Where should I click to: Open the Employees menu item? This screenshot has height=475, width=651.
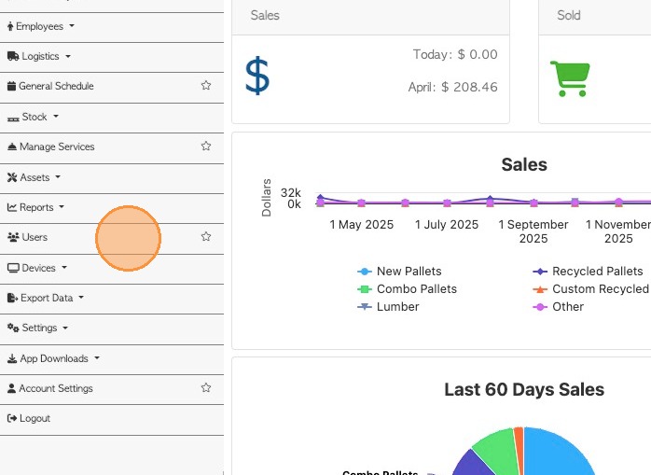coord(40,26)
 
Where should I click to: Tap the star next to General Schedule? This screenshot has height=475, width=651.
coord(206,86)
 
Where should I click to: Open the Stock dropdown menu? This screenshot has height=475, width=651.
coord(35,117)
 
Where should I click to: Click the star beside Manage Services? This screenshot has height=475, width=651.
coord(206,147)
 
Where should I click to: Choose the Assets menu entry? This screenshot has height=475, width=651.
coord(35,177)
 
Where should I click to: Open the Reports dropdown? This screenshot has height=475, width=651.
coord(37,207)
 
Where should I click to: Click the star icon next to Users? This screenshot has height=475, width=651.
coord(206,237)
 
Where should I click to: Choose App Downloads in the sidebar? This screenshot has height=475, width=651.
coord(54,358)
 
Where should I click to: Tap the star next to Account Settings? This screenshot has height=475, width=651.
coord(206,388)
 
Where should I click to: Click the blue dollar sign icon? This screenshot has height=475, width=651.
coord(257,77)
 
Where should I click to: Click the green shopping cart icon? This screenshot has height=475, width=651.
coord(569,77)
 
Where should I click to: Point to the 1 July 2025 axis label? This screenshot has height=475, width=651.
coord(447,225)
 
